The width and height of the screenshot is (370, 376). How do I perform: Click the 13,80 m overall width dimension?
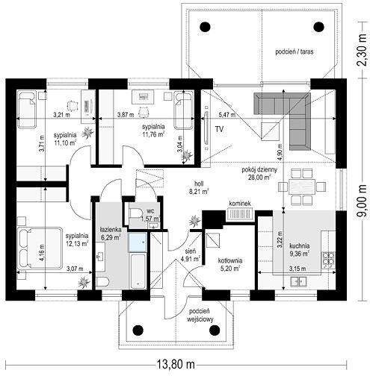tap(176, 365)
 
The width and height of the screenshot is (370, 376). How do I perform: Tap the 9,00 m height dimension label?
tap(362, 201)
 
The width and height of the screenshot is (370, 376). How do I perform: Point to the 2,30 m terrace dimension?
tap(361, 50)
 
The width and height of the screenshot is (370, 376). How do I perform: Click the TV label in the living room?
tap(219, 129)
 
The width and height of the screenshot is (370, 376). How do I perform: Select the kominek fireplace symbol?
tap(240, 214)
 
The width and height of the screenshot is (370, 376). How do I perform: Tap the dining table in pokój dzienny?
tap(302, 187)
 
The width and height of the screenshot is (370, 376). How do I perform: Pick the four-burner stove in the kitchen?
tap(328, 260)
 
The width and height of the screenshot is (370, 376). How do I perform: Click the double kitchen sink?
tap(298, 281)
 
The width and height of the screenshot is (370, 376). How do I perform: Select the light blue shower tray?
tap(138, 242)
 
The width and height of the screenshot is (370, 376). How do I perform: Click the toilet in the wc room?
tap(135, 213)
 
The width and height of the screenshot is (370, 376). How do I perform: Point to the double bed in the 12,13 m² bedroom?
tap(40, 248)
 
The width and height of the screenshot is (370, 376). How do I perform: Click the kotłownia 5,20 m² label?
tap(230, 264)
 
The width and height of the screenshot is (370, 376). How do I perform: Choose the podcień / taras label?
tap(295, 51)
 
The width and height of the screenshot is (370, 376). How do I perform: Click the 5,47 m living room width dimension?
tap(226, 115)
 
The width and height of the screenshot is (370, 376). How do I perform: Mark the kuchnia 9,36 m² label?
tap(299, 250)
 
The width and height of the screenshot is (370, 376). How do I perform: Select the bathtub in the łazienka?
tap(138, 272)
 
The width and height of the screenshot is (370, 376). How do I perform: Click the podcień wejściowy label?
tap(200, 315)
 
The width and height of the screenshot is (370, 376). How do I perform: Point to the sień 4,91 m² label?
tap(191, 255)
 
